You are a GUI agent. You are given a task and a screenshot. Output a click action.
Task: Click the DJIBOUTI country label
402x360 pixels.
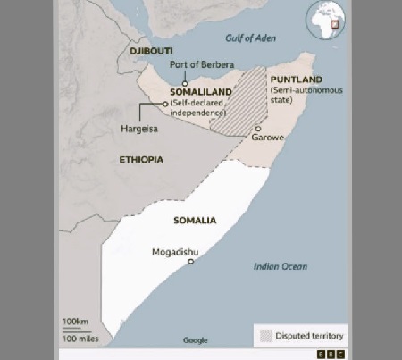pyautogui.click(x=150, y=52)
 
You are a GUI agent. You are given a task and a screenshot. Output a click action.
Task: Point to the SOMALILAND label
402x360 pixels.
pyautogui.click(x=201, y=92)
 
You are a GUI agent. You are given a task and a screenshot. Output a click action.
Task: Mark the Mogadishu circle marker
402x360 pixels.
pyautogui.click(x=190, y=262)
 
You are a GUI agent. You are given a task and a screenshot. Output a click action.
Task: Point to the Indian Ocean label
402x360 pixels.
pyautogui.click(x=280, y=266)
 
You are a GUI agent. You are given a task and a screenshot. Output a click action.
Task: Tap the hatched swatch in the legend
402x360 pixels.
pyautogui.click(x=267, y=335)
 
